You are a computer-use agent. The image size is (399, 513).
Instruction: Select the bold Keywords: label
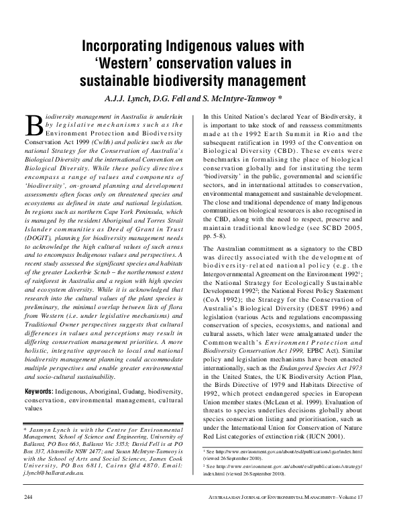(44, 391)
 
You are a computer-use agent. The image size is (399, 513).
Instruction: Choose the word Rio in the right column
(332, 135)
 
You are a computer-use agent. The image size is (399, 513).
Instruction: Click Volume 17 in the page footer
(360, 496)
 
